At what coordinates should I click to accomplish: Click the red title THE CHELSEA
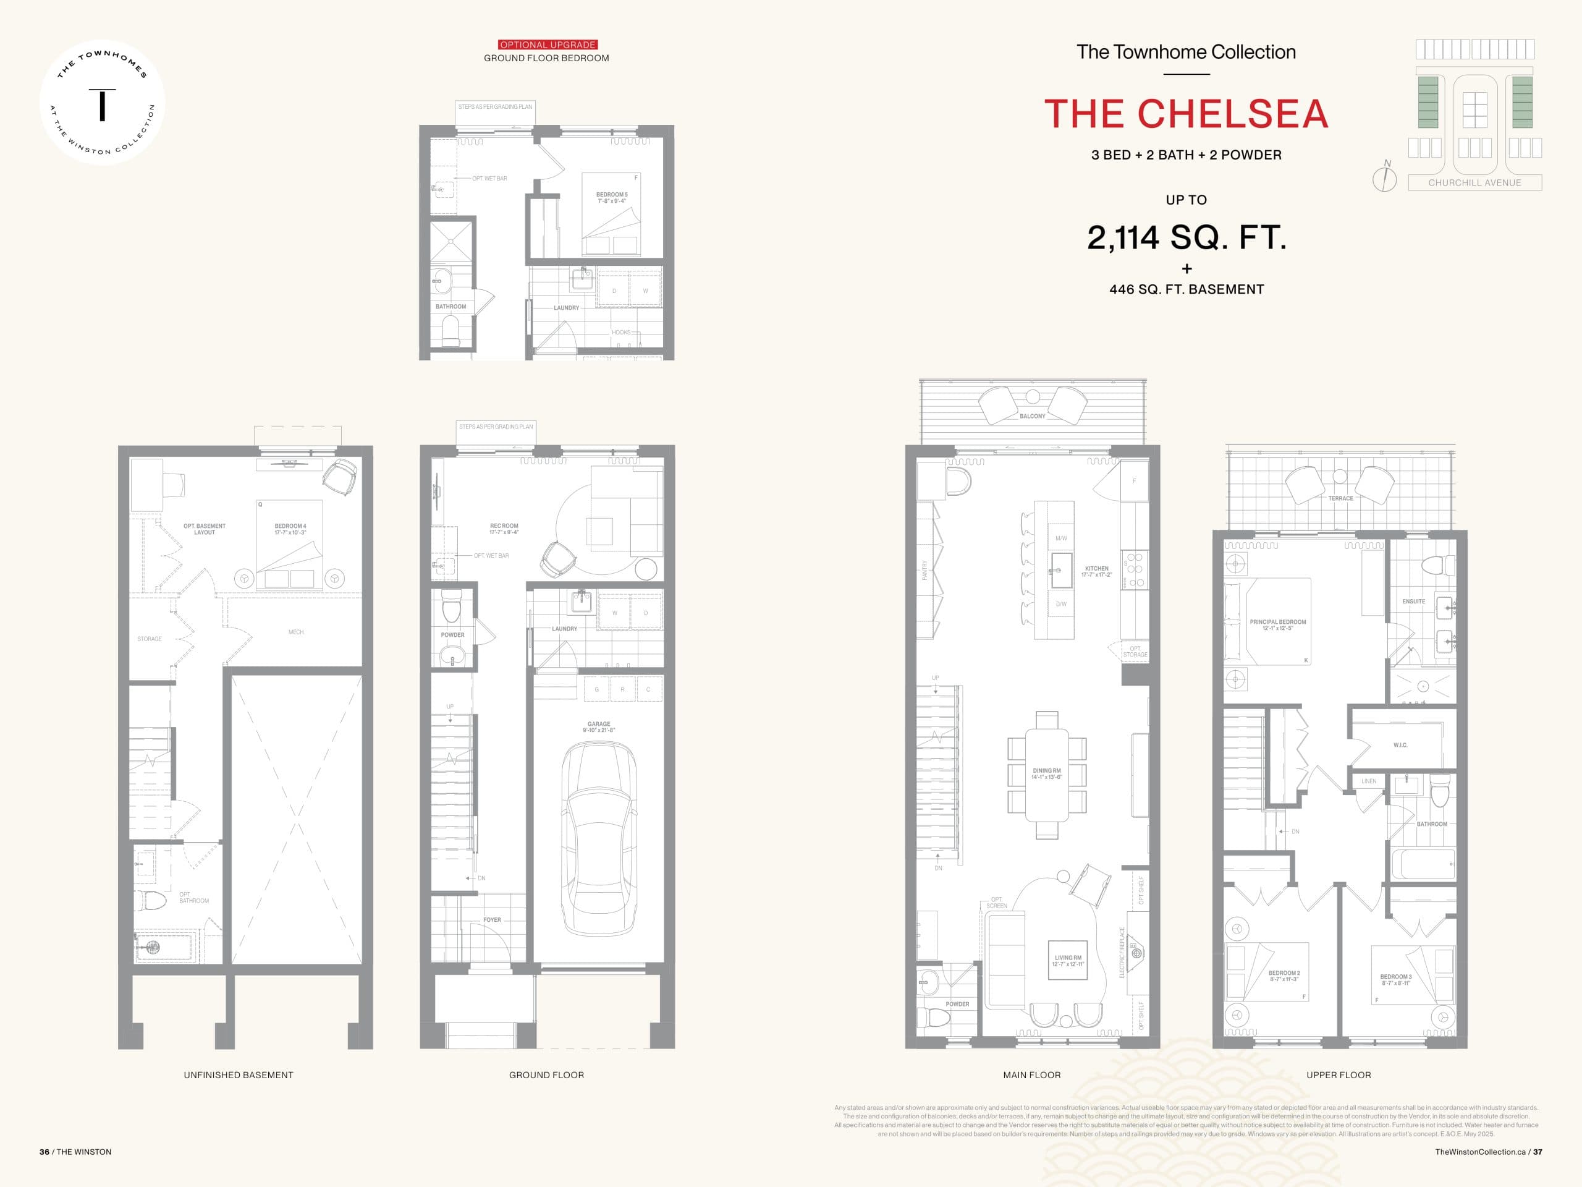click(1186, 114)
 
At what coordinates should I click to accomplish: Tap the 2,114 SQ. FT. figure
click(1186, 237)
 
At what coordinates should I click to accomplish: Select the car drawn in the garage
click(599, 837)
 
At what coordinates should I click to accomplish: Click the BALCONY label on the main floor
click(1032, 415)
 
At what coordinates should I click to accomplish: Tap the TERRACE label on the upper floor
click(1340, 498)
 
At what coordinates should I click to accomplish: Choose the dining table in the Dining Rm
click(1046, 774)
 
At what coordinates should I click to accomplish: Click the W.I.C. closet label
click(1400, 745)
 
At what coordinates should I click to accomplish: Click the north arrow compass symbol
click(1385, 177)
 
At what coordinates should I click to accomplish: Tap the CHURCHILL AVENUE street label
click(1474, 182)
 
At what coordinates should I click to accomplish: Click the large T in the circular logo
click(102, 104)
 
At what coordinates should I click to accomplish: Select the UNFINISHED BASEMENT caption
click(238, 1074)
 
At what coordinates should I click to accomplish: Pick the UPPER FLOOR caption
click(1338, 1074)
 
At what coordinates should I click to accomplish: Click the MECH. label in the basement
click(296, 632)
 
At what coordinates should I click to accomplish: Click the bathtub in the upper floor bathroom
click(1423, 864)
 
